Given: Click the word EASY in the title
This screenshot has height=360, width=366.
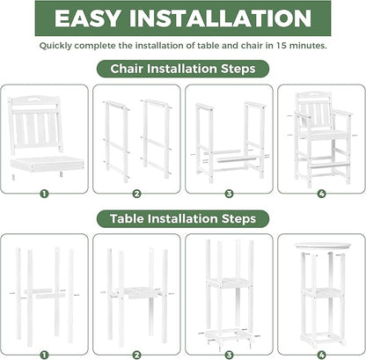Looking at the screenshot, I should pyautogui.click(x=99, y=20).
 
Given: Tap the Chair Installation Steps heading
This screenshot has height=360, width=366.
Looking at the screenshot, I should pyautogui.click(x=182, y=68).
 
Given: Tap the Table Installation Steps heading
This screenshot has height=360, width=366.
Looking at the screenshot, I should pyautogui.click(x=182, y=217).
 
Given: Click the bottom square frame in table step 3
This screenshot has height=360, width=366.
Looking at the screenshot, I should pyautogui.click(x=228, y=329).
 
